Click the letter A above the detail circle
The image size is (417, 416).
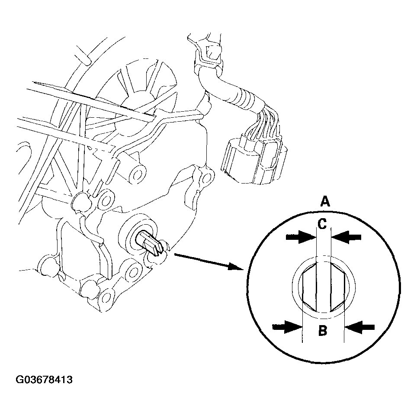click(x=325, y=201)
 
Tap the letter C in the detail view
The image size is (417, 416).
click(x=322, y=224)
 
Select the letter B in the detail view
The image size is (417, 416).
click(x=323, y=331)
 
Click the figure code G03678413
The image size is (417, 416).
click(x=44, y=380)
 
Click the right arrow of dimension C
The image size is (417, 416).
click(x=346, y=237)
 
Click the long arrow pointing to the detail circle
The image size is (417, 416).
click(x=209, y=262)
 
